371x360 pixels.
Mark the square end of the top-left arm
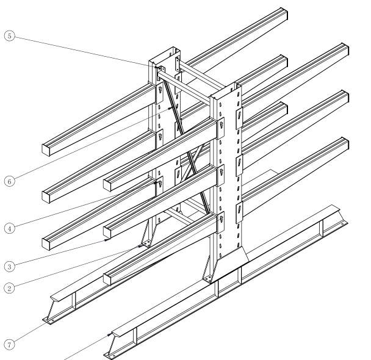coord(49,149)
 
